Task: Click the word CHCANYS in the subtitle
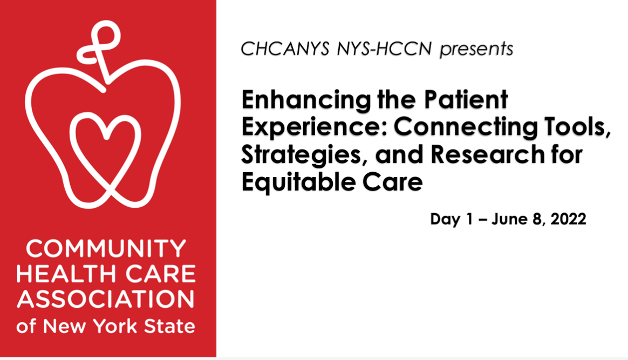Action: (x=285, y=49)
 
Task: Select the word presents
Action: (x=476, y=50)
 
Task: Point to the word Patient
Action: (x=466, y=99)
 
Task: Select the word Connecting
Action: (x=466, y=128)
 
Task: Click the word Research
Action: (x=488, y=154)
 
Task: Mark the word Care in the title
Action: (x=393, y=182)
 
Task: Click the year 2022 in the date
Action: (x=568, y=219)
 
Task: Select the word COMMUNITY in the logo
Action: (x=106, y=249)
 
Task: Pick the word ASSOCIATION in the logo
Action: (x=106, y=299)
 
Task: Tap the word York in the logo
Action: (x=117, y=327)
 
